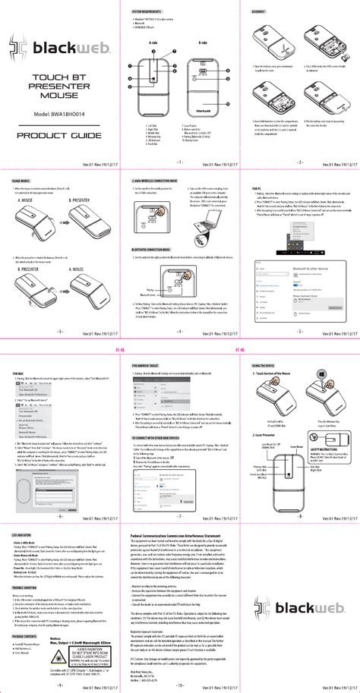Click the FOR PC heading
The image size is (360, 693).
tap(256, 186)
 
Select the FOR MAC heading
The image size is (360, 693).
tap(21, 374)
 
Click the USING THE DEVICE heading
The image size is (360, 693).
tap(264, 367)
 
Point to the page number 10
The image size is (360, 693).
tap(179, 685)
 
